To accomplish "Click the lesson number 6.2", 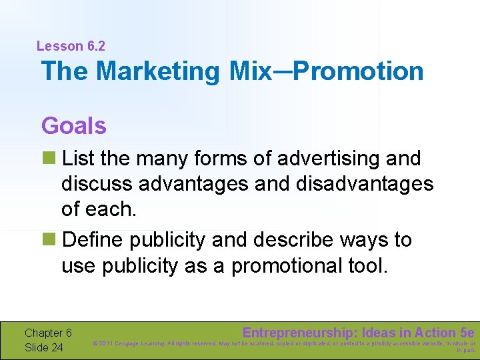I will (x=96, y=46).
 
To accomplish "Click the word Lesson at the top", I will (x=60, y=46).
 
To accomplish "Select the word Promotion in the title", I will (x=358, y=71).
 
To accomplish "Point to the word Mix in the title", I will (x=249, y=71).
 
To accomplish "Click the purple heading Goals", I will (x=73, y=125).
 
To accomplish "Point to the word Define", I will (x=99, y=239).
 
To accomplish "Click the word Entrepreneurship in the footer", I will (x=299, y=332).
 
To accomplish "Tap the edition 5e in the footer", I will (x=467, y=332).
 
